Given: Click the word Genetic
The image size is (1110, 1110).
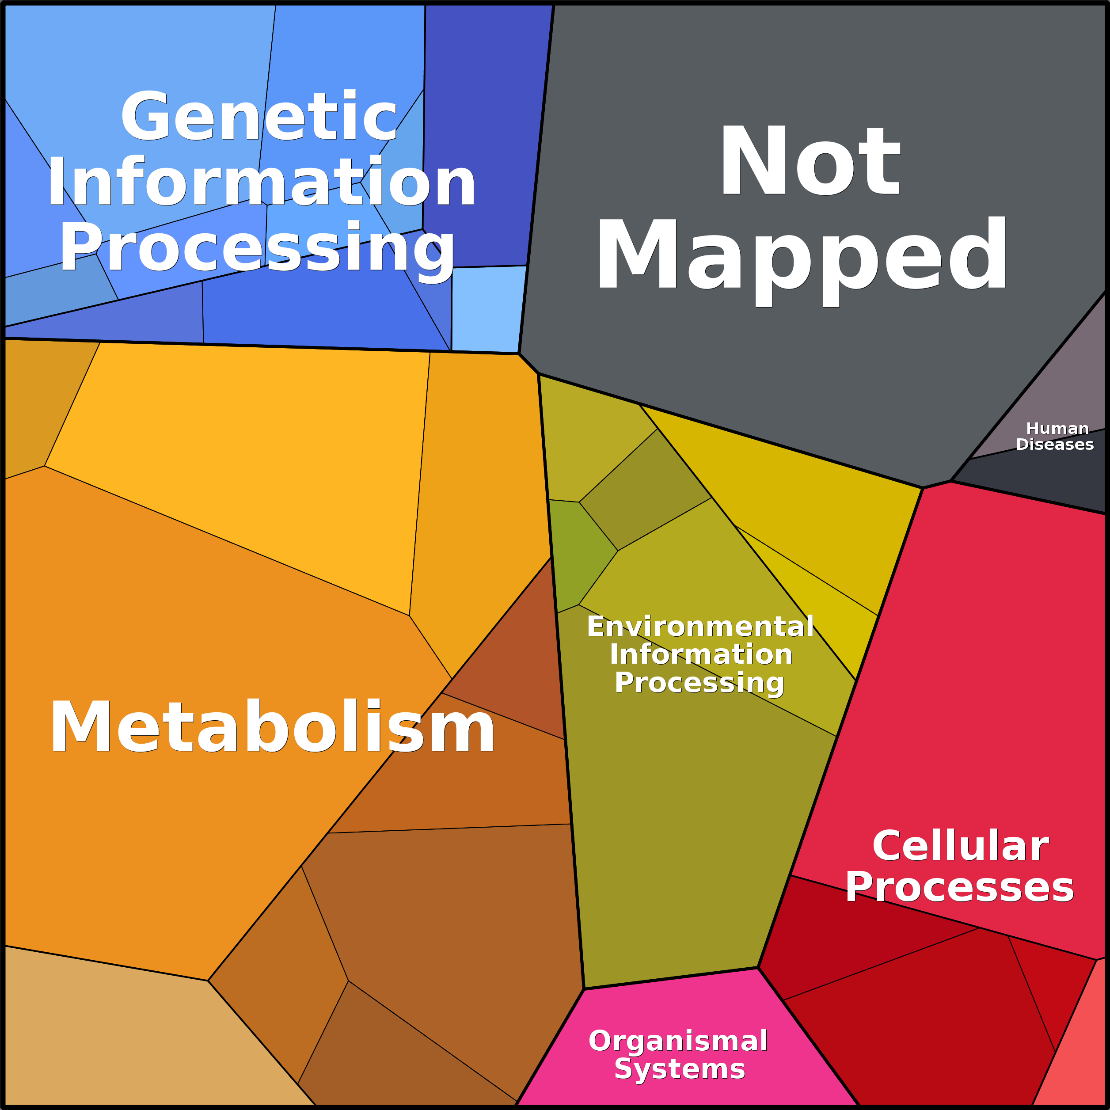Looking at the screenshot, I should click(258, 117).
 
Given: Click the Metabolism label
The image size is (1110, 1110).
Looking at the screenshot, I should click(272, 727).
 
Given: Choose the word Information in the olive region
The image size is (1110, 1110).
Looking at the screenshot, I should click(701, 654).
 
